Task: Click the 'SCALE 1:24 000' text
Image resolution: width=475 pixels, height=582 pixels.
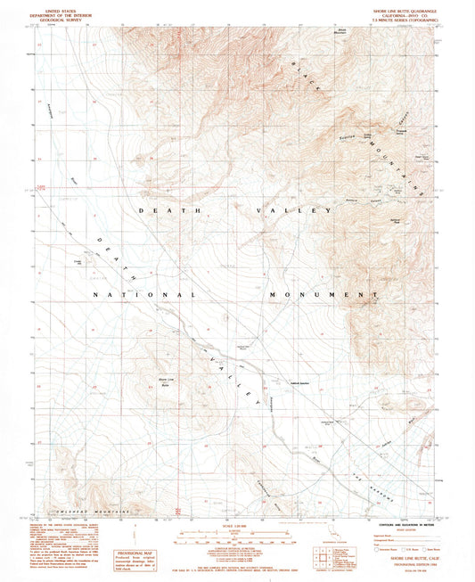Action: pyautogui.click(x=237, y=525)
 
